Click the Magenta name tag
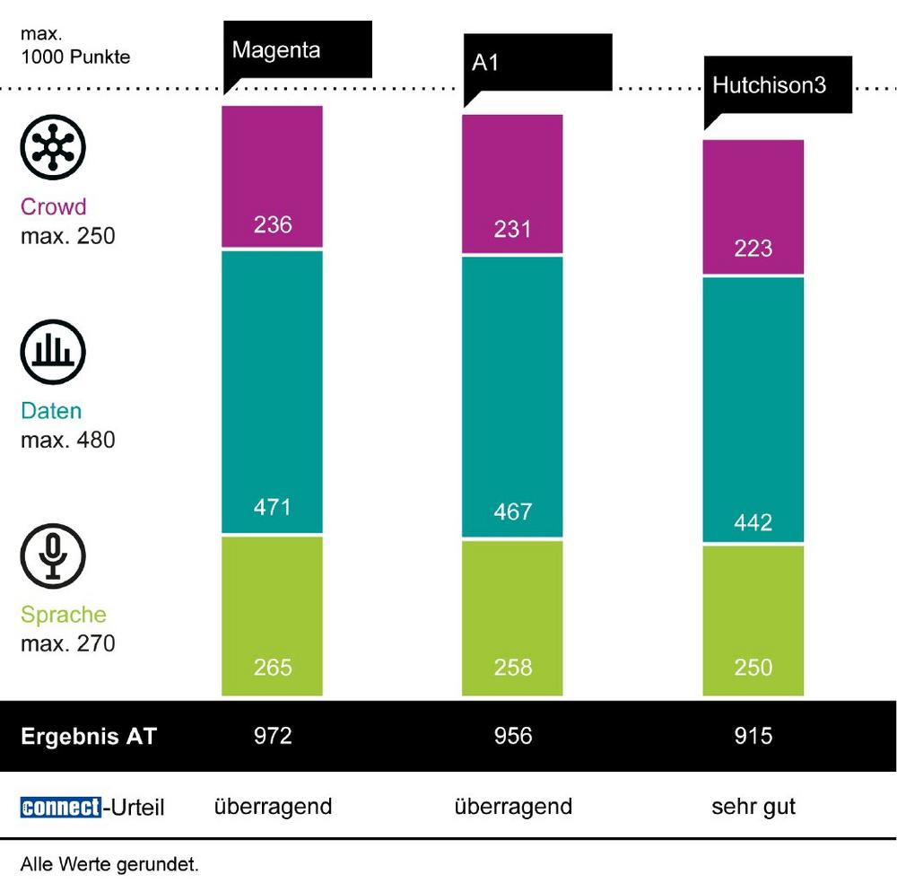point(296,49)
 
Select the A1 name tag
point(536,63)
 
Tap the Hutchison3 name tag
point(777,85)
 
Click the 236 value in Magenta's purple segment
point(273,224)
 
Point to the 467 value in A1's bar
point(513,512)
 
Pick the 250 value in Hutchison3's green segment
point(753,668)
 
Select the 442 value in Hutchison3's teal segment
point(753,522)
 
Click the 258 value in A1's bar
point(513,668)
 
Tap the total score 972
point(273,737)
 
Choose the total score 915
point(753,737)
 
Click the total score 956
point(513,737)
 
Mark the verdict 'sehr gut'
point(753,807)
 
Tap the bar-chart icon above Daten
point(53,351)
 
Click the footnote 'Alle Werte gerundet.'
point(109,865)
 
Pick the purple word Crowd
point(54,207)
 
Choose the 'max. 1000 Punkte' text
point(75,48)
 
